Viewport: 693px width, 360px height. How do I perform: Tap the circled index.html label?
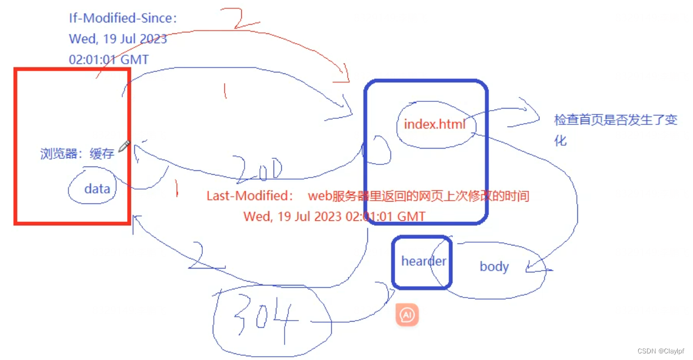click(434, 124)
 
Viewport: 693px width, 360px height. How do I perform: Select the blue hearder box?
click(422, 261)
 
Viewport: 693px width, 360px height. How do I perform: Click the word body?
click(494, 267)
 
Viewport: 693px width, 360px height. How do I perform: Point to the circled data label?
click(97, 189)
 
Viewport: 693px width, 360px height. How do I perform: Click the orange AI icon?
click(407, 315)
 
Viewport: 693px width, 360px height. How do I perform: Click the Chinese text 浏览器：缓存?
click(77, 154)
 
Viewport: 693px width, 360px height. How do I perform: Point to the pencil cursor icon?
click(124, 145)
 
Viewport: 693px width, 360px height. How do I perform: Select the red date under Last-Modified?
click(334, 216)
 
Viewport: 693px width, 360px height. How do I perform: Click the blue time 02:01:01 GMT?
click(109, 59)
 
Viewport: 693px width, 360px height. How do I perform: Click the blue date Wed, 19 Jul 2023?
click(118, 39)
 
